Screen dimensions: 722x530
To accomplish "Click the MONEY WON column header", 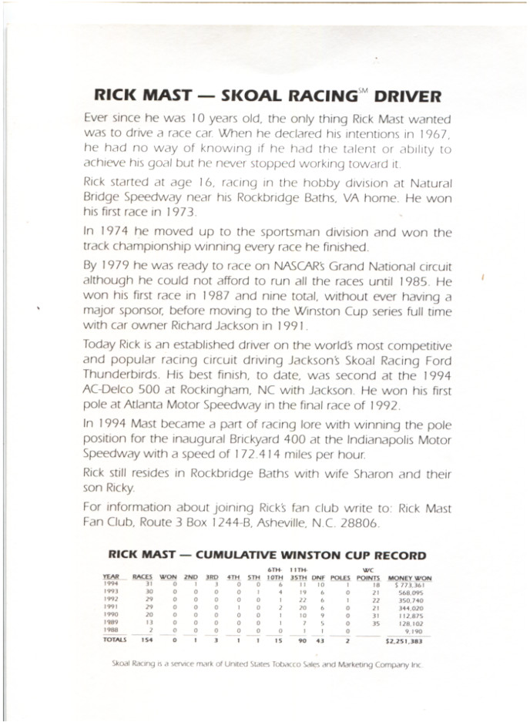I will [410, 578].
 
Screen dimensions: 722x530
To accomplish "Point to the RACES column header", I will [143, 578].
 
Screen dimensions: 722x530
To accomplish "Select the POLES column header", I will [340, 578].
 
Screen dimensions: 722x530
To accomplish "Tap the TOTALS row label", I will [115, 640].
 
